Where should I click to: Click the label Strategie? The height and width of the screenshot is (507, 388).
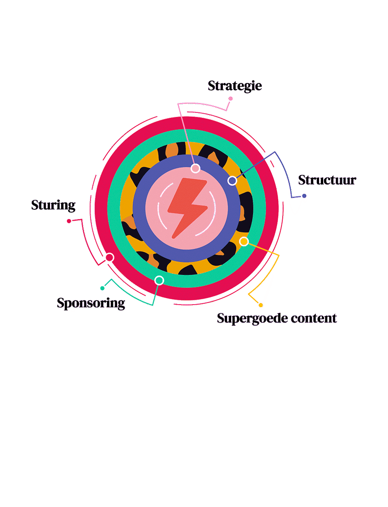point(234,86)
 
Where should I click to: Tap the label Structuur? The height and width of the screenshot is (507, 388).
point(327,180)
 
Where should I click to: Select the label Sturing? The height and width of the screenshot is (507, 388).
point(53,205)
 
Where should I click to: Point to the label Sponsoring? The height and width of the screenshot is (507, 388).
point(91,303)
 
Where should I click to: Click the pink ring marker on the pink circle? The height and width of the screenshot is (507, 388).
point(195,168)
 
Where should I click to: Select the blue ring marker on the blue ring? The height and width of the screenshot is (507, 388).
point(232,180)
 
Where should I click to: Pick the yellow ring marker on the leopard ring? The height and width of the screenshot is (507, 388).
point(244,241)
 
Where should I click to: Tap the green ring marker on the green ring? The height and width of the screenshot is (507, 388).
point(159,280)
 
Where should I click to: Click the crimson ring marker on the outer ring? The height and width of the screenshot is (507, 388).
point(109,257)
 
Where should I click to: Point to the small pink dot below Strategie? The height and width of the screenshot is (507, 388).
point(230,98)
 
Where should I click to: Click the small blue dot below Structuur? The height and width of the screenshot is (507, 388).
point(304,196)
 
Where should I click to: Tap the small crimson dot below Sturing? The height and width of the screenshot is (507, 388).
point(69,221)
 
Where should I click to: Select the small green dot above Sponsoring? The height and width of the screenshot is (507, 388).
point(102,288)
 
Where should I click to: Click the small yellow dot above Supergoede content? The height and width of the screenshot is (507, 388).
point(261,305)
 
